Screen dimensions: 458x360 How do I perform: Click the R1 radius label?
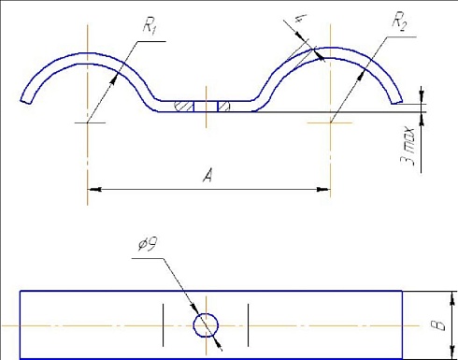tap(150, 26)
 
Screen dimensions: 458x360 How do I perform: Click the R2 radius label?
tap(399, 22)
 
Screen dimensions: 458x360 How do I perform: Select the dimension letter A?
tap(208, 175)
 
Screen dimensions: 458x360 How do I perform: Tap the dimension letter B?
tap(438, 325)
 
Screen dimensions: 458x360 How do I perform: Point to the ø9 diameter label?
tap(147, 243)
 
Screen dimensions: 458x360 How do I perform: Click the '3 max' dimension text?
tap(408, 146)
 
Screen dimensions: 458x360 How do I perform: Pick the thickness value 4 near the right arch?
tap(300, 18)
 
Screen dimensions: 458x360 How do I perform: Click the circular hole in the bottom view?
tap(206, 325)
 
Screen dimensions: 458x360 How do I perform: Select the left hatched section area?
tap(184, 107)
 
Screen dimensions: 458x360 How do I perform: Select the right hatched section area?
tap(223, 107)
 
